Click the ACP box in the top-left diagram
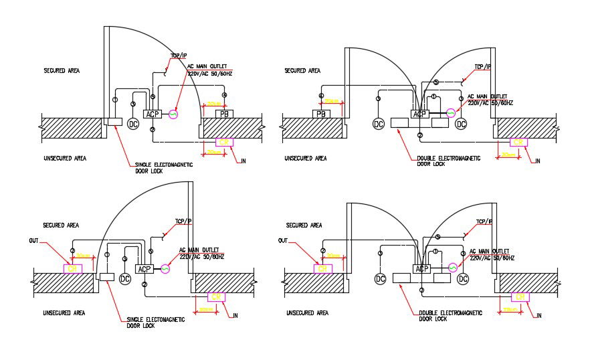[152, 114]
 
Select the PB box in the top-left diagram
[223, 114]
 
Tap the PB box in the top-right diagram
[321, 114]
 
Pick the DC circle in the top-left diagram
[132, 124]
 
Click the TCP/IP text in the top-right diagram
[482, 67]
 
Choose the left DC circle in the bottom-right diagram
[380, 278]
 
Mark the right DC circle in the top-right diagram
[461, 124]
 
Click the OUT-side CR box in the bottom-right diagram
[322, 268]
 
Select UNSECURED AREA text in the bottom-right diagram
[308, 312]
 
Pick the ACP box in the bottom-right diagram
[421, 269]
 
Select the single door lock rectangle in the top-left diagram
[112, 122]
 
